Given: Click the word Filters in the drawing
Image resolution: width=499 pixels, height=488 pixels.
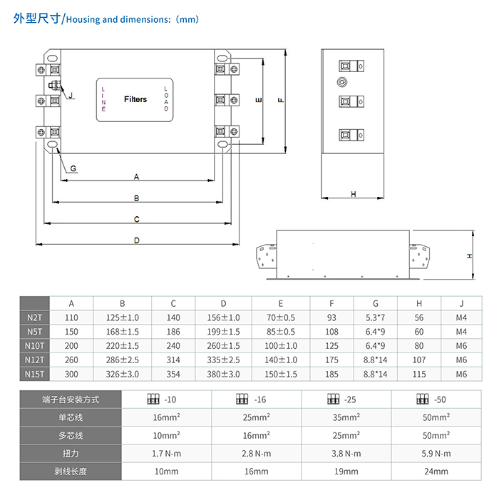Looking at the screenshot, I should click(135, 99).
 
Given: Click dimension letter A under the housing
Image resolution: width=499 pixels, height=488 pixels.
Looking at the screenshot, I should click(135, 176).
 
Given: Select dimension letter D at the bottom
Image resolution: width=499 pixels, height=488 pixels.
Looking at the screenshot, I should click(136, 240).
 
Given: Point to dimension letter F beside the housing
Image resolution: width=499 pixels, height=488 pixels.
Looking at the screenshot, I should click(281, 100).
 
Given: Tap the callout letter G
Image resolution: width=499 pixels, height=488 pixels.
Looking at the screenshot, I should click(74, 168).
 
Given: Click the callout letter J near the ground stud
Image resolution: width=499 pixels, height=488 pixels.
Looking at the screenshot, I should click(71, 95).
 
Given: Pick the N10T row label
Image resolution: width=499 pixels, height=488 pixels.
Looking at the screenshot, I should click(34, 345).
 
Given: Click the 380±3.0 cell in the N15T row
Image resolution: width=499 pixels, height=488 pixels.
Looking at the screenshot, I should click(223, 374).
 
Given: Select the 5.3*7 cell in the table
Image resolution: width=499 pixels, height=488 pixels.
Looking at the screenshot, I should click(375, 317).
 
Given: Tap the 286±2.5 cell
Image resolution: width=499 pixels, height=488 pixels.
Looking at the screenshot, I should click(122, 360).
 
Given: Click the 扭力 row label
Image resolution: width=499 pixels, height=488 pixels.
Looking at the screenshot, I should click(71, 452).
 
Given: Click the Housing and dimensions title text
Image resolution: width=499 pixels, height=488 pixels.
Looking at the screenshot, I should click(130, 19).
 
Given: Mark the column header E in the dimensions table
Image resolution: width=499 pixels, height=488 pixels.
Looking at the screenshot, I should click(280, 303).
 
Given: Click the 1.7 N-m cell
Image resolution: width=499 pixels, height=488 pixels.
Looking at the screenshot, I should click(167, 452).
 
